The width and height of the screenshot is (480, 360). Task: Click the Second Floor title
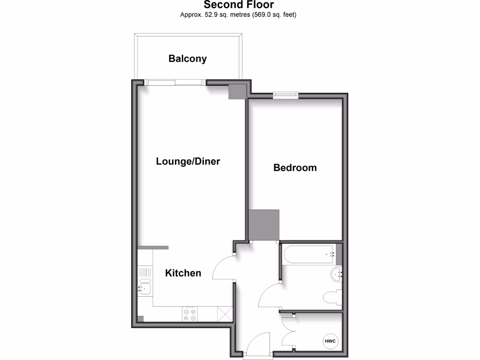[239, 5]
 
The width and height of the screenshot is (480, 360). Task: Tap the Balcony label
[187, 59]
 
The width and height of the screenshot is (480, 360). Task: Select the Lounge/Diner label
[188, 161]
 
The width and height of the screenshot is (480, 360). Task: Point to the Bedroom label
[295, 167]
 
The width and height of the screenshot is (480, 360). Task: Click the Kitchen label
[183, 273]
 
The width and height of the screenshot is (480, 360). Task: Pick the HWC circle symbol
[331, 341]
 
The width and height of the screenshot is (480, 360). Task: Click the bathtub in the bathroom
[308, 255]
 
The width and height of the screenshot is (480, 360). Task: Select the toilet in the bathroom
[332, 297]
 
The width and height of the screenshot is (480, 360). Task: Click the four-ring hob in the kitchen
[190, 314]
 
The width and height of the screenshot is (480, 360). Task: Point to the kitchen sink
[145, 287]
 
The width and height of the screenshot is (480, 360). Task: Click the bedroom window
[286, 95]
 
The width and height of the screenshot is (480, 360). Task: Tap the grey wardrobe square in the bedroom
[264, 225]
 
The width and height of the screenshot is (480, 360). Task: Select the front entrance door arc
[257, 345]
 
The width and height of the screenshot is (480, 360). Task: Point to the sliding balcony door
[175, 82]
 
